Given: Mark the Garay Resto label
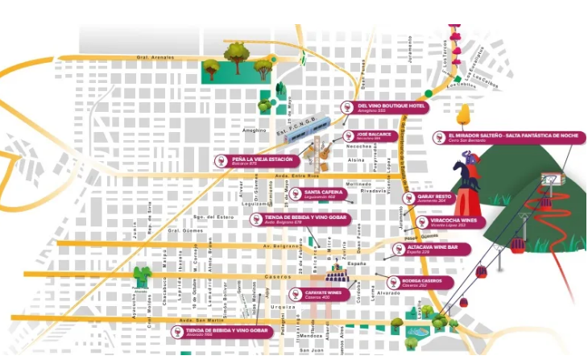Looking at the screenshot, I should tap(433, 197).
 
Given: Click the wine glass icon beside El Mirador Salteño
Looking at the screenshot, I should tap(439, 137).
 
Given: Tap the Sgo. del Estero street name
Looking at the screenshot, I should tap(214, 217).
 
